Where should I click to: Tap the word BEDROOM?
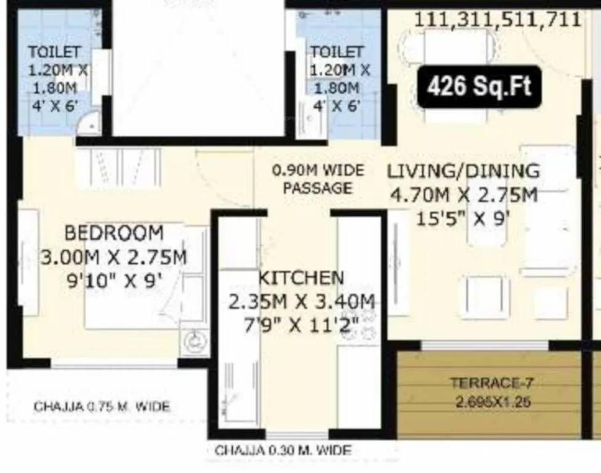coord(114,233)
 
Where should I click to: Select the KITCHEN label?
coord(300,278)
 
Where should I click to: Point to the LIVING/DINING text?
coord(463,171)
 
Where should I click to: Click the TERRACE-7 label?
coord(491,382)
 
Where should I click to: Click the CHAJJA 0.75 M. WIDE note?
coord(102,406)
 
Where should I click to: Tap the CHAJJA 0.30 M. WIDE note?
coord(283,451)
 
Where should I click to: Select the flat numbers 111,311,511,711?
coord(498,19)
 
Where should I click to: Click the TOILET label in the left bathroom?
coord(54,52)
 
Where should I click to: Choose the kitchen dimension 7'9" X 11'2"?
coord(302,324)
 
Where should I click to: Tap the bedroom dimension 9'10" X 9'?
coord(115,280)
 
